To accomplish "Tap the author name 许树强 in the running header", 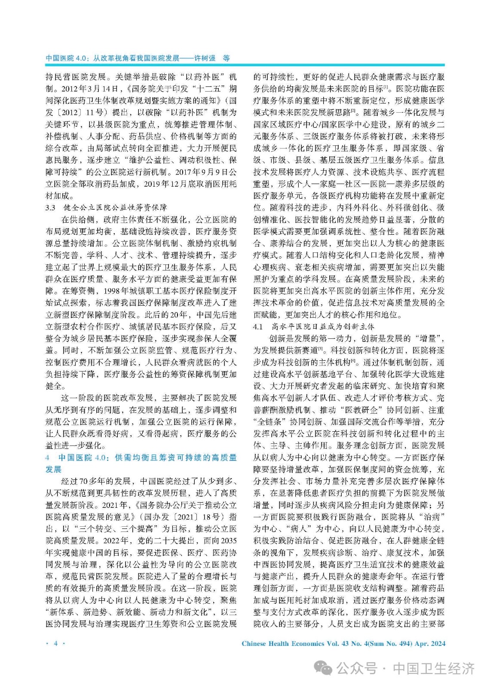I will click(x=205, y=58).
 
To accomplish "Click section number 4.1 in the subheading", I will click(x=258, y=327).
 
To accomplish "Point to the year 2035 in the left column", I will click(x=228, y=541).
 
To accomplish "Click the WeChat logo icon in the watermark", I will click(x=323, y=668).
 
